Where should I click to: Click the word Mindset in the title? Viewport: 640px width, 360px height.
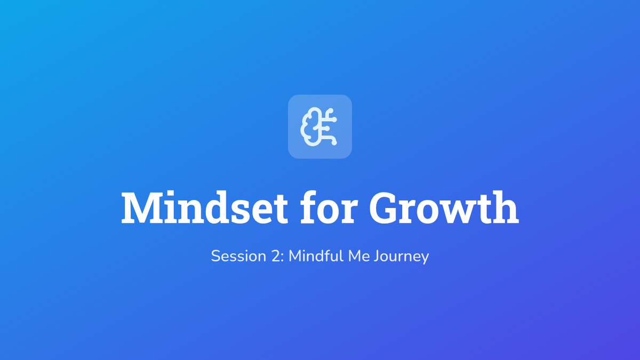point(204,207)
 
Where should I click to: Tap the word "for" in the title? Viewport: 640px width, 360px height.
point(329,206)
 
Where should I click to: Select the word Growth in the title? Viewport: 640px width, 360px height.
point(444,207)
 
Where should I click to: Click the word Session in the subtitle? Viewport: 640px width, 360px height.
point(238,256)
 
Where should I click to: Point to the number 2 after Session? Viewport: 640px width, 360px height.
point(276,256)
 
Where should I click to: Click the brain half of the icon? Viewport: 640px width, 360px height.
point(309,126)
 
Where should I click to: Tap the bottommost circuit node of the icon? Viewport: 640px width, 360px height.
point(334,142)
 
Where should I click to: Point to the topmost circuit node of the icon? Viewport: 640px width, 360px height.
point(331,110)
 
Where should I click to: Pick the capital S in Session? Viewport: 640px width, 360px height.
point(216,256)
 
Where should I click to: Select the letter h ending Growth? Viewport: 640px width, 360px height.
point(505,207)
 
